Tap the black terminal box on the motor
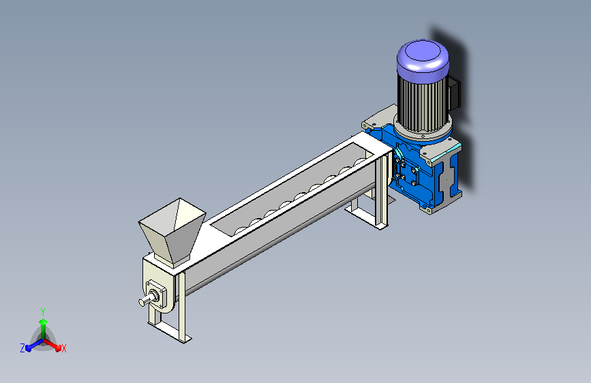click(x=455, y=93)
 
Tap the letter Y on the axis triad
click(x=43, y=311)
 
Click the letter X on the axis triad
click(x=63, y=348)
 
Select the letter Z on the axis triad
click(x=22, y=348)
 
